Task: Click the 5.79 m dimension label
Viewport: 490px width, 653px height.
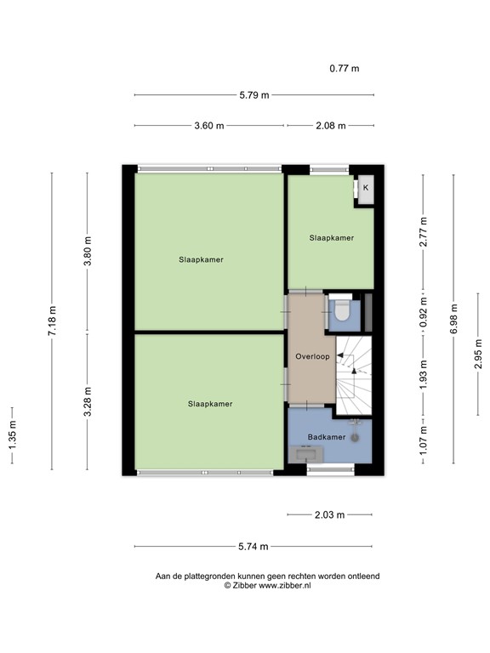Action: pyautogui.click(x=254, y=95)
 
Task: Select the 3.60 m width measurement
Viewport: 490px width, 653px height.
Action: pyautogui.click(x=209, y=126)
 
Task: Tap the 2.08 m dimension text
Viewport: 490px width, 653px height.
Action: pyautogui.click(x=330, y=126)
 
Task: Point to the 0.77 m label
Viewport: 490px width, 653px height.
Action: pyautogui.click(x=344, y=68)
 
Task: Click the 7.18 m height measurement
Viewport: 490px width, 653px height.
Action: pyautogui.click(x=51, y=321)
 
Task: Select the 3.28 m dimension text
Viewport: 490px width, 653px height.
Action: pyautogui.click(x=86, y=401)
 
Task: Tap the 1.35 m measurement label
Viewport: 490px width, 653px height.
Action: pyautogui.click(x=11, y=436)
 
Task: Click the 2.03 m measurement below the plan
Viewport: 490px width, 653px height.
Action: pyautogui.click(x=329, y=514)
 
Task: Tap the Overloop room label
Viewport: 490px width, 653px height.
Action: pyautogui.click(x=311, y=356)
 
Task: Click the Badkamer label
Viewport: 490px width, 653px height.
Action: pyautogui.click(x=327, y=437)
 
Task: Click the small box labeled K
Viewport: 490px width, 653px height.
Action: pyautogui.click(x=366, y=188)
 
